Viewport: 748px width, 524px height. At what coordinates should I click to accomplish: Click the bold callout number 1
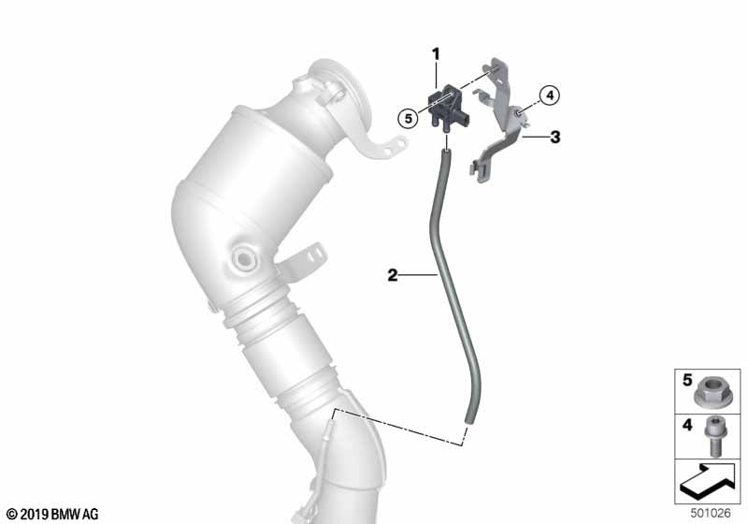coord(436,54)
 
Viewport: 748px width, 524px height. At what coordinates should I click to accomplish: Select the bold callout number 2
coord(392,275)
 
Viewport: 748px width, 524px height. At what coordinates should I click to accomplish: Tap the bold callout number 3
coord(554,138)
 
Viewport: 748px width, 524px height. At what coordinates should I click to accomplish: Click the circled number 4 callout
coord(550,95)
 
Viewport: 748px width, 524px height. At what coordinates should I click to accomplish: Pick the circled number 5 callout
coord(408,118)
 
